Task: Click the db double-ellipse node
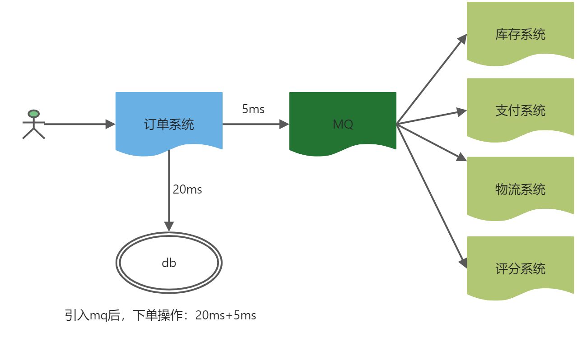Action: pyautogui.click(x=169, y=263)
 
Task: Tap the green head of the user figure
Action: pyautogui.click(x=33, y=114)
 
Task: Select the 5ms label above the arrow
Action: pyautogui.click(x=253, y=109)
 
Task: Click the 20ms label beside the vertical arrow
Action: pyautogui.click(x=187, y=189)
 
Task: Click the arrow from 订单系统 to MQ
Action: pyautogui.click(x=256, y=124)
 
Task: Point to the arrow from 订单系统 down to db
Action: pyautogui.click(x=169, y=189)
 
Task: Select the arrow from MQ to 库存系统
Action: pyautogui.click(x=432, y=79)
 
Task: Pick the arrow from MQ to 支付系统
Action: pyautogui.click(x=432, y=117)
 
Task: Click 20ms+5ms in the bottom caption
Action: pyautogui.click(x=226, y=315)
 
